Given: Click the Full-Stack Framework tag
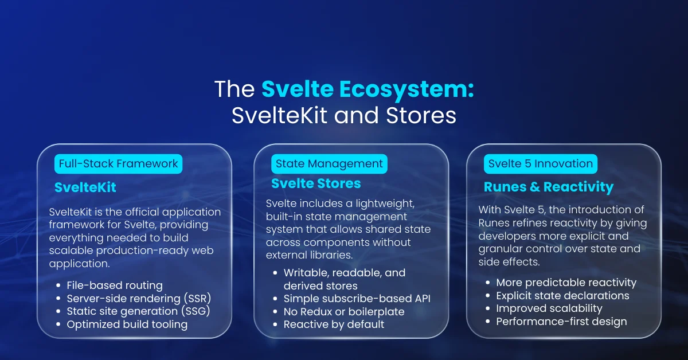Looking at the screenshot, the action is coord(118,164).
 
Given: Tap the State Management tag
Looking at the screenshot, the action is coord(329,164).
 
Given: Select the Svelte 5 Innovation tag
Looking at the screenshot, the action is coord(541,164).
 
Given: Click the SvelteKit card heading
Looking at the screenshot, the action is coord(85,187).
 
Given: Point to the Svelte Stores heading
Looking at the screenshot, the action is coord(316,183).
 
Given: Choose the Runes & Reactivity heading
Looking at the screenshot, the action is coord(549,187).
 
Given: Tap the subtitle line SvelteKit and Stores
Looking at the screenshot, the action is coord(344,115).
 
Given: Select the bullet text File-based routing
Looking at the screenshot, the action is coord(115,285).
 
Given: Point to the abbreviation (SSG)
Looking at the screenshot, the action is coord(196,311).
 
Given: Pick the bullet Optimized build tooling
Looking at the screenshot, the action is coord(127,324).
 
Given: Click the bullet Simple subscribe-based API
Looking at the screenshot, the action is coord(357,299).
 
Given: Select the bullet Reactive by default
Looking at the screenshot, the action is coord(334,324).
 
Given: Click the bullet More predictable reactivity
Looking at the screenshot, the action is coord(566,283).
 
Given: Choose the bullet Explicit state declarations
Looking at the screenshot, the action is coord(562,296).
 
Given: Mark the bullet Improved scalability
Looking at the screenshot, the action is coord(549,308).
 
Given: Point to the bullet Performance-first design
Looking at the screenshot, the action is coord(561,322).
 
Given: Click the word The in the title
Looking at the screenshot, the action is coord(234,89).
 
